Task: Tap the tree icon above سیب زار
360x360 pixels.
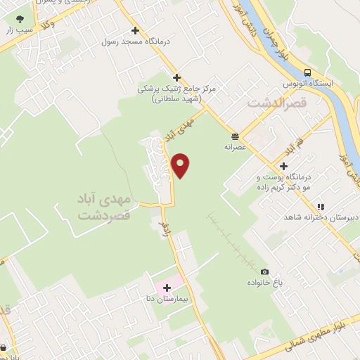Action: [20, 19]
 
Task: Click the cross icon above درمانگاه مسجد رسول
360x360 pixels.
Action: [135, 31]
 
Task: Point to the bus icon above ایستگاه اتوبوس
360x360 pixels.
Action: [307, 72]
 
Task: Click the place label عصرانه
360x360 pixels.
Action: [233, 148]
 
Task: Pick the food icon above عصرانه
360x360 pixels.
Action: [233, 136]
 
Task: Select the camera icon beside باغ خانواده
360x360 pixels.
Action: [264, 271]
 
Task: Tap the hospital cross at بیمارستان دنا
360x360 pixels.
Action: [167, 288]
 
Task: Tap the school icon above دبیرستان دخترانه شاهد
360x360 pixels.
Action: [320, 207]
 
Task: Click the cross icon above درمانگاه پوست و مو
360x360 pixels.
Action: [283, 166]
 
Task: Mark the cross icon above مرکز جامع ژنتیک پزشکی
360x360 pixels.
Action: [176, 77]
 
